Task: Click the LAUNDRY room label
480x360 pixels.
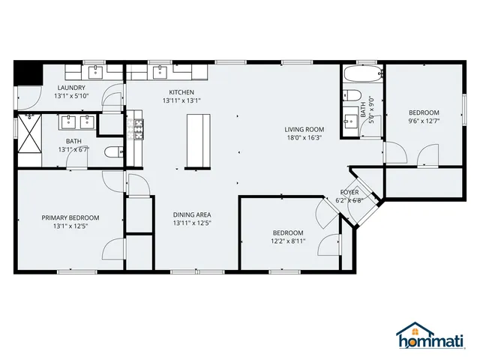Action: coord(70,87)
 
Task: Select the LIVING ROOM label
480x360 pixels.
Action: coord(304,129)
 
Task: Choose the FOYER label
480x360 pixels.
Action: coord(349,192)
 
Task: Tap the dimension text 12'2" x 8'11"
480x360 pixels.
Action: coord(288,241)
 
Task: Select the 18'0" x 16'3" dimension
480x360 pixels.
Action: coord(304,138)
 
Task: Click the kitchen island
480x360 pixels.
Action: coord(196,139)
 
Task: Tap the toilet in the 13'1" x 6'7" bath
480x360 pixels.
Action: coord(112,152)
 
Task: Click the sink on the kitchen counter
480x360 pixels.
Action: coord(159,73)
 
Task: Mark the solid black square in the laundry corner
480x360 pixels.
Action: coord(27,74)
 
